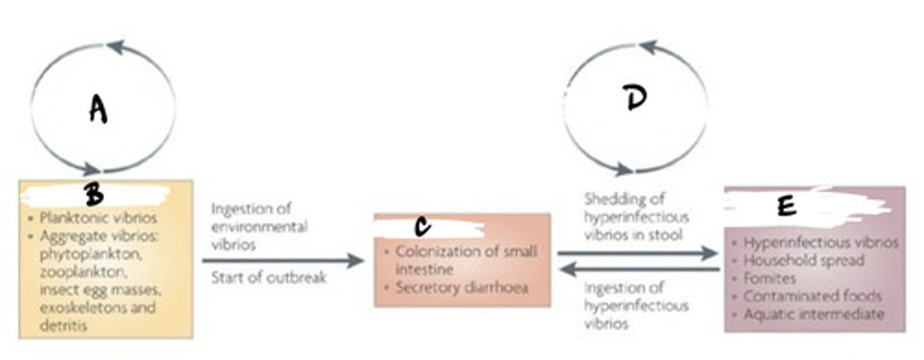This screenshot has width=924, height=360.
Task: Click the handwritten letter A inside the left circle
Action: tap(98, 109)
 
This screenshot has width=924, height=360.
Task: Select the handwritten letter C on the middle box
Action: tap(422, 227)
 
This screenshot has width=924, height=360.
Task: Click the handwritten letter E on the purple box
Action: tap(786, 206)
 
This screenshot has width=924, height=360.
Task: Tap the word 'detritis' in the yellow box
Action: tap(63, 325)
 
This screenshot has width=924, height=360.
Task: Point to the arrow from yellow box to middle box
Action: tap(282, 261)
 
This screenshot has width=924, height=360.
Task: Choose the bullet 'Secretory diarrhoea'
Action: tap(461, 287)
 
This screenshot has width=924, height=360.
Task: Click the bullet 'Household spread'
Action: tap(803, 261)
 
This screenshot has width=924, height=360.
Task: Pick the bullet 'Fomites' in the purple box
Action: tap(769, 279)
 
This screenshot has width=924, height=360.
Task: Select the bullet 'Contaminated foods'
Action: tap(812, 296)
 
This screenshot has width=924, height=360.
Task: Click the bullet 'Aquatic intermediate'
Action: tap(814, 314)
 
